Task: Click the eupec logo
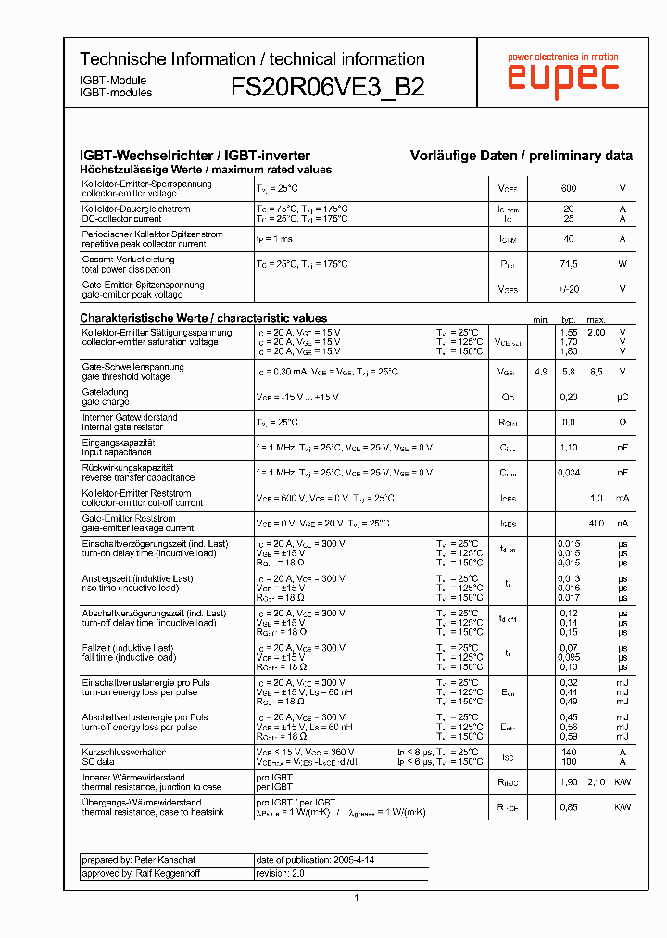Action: coord(562,77)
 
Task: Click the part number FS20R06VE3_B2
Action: coord(328,87)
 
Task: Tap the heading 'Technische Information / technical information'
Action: coord(252,58)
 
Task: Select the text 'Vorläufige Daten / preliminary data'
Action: coord(522,156)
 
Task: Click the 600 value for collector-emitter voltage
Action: coord(569,189)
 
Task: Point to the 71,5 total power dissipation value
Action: coord(569,264)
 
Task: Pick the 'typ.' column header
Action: coord(569,319)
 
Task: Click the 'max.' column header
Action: coord(597,319)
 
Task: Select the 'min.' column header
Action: coord(541,319)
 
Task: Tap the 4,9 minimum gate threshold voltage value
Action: coord(541,372)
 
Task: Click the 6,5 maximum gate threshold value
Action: coord(597,372)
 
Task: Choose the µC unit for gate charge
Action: coord(623,397)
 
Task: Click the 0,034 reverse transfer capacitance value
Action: coord(569,473)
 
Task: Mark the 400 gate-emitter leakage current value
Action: coord(597,524)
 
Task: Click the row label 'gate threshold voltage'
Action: coord(126,377)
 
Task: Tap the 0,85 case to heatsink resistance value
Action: coord(569,807)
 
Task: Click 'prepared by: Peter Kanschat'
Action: coord(134,859)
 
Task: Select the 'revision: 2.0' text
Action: coord(280,873)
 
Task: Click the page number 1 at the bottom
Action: coord(356,897)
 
